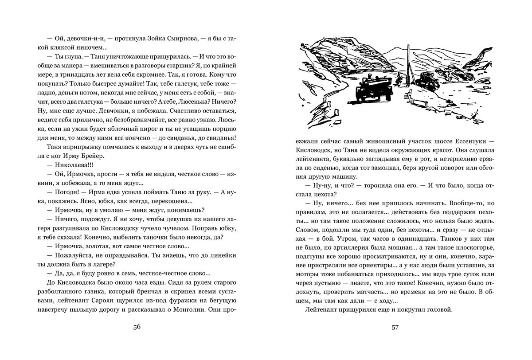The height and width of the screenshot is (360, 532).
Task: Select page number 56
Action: (x=137, y=328)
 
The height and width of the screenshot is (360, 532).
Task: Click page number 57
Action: (x=395, y=328)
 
